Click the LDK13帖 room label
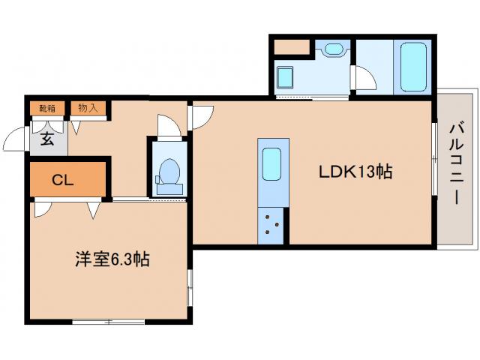(x=355, y=172)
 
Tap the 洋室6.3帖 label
(x=112, y=260)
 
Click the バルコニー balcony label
(x=456, y=165)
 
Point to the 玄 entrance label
(x=46, y=139)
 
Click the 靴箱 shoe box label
(x=47, y=108)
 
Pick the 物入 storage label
(x=88, y=108)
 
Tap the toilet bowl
(x=168, y=173)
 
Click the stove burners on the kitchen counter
(x=271, y=223)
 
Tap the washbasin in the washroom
(x=333, y=50)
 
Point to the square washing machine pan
(x=286, y=76)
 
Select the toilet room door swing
(x=168, y=127)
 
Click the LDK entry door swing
(x=202, y=116)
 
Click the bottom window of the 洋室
(x=108, y=321)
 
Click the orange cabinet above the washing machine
(x=292, y=46)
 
